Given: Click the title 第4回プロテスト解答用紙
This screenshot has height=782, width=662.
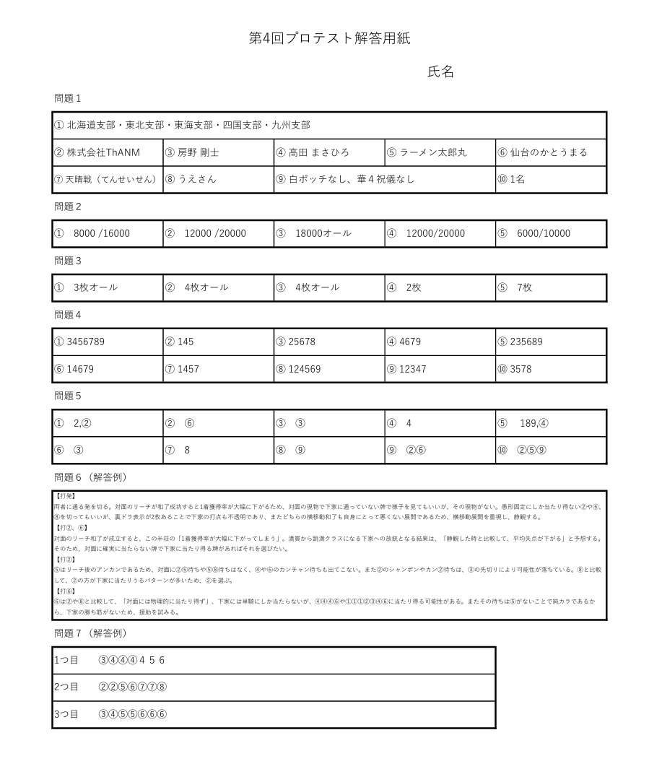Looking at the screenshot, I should coord(330,39).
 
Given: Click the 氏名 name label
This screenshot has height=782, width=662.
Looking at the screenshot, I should coord(440,71).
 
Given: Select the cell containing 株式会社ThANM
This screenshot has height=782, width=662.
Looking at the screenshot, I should coord(108,152).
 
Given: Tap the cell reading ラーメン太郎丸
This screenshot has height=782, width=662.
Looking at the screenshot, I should coord(440,152).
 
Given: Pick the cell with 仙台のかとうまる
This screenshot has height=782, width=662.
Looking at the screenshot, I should coord(550,152).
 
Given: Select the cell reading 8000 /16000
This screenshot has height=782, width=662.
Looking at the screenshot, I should coord(108,233).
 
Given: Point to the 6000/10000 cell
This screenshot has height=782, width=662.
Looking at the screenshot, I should coord(550,233).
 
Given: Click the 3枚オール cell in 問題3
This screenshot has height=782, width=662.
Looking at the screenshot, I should coord(108,287).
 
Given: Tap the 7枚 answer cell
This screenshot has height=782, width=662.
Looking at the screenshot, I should coord(550,287).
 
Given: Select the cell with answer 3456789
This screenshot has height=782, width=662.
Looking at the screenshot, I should coord(108,342).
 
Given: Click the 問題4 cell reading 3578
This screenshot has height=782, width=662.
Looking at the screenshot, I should coord(550,369).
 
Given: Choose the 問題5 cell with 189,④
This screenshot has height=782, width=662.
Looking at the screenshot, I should coord(550,423).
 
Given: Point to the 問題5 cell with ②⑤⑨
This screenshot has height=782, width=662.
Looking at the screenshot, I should coord(550,450).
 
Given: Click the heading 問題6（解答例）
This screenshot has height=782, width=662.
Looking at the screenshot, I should coord(91,477).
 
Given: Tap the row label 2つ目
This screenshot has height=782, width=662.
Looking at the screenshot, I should coord(66,687).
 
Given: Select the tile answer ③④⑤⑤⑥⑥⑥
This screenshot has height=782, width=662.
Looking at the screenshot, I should coord(133,714).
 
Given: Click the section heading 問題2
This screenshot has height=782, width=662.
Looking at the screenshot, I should coord(68,207).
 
